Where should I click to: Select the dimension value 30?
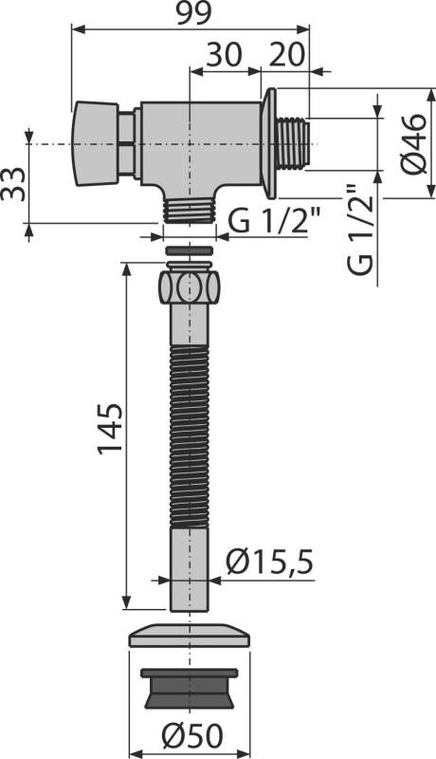point(225,55)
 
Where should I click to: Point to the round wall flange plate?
point(269,143)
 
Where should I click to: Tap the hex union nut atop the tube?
point(190,286)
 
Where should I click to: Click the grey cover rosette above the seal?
point(190,635)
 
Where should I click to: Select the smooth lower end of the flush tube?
point(190,569)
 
